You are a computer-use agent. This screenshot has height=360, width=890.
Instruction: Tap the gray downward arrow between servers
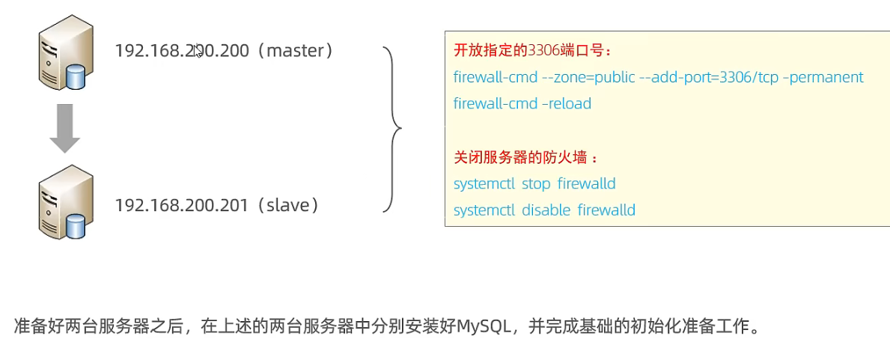pos(65,128)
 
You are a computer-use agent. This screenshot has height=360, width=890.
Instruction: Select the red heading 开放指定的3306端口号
pos(532,51)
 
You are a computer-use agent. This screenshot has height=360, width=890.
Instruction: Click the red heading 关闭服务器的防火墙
pos(526,158)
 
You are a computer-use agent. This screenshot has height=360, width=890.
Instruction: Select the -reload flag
pos(568,103)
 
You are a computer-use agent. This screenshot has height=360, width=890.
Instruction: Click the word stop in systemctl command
pos(536,183)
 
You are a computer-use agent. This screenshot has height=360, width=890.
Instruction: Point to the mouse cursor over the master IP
pos(198,51)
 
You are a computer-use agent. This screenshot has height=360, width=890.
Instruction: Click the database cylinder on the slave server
pos(76,225)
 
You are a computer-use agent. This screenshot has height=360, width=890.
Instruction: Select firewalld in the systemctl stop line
pos(586,183)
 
